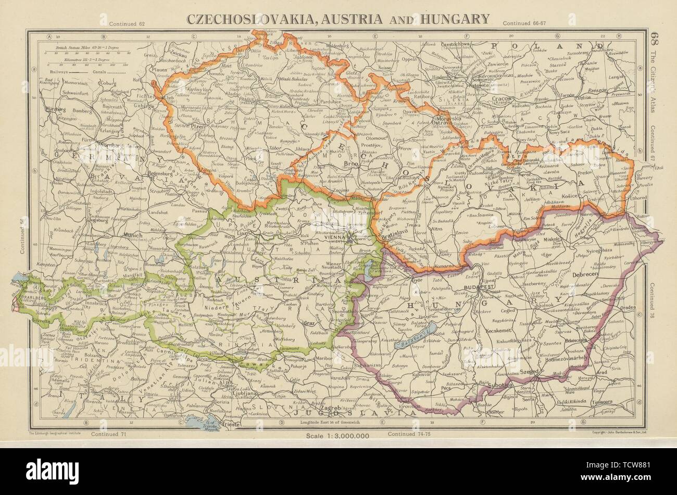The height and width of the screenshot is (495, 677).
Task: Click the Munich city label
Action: pos(133,235)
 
